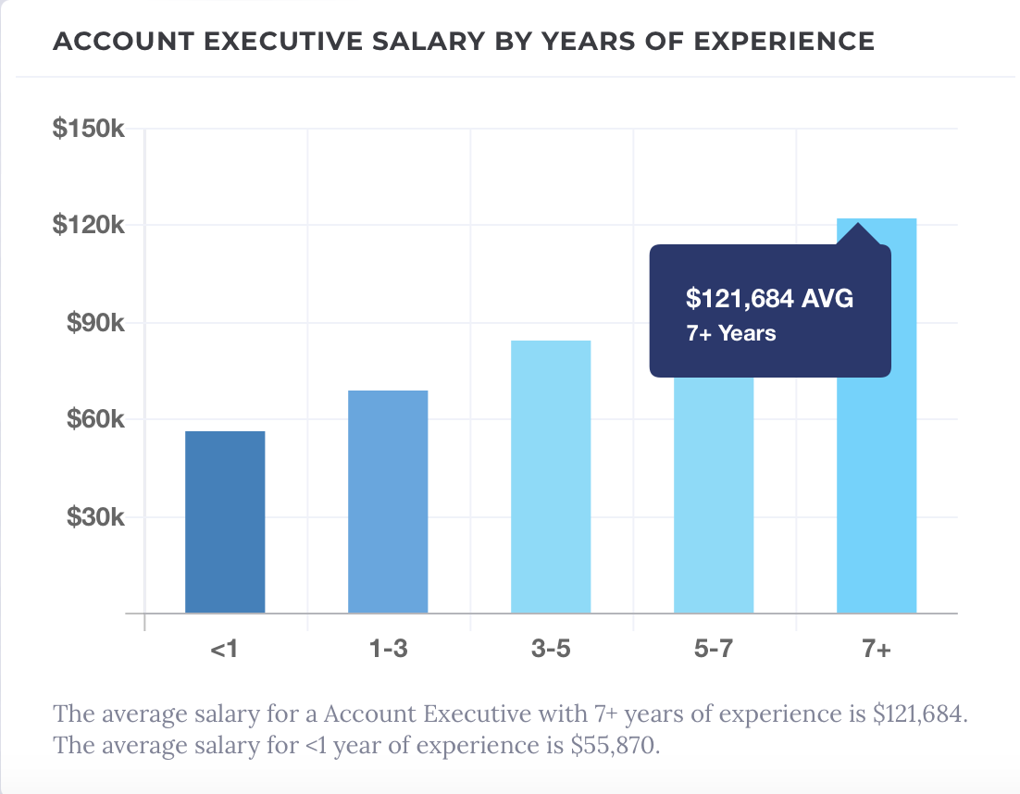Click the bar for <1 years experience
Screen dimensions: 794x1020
pos(225,522)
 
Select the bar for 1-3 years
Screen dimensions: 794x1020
pos(388,502)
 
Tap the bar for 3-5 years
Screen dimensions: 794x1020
pos(551,477)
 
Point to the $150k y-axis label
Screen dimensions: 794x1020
pos(88,130)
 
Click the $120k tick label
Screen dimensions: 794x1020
pos(88,226)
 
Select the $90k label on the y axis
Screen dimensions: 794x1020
pos(94,323)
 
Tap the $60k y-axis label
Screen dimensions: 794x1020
pos(94,420)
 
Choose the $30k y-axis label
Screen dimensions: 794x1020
pos(94,516)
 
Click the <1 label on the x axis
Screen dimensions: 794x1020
pos(225,650)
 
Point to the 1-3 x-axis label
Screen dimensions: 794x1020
pos(388,650)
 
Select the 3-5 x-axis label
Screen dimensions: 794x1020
pos(551,650)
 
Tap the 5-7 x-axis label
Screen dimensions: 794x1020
pos(714,650)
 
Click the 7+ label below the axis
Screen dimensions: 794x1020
pos(877,650)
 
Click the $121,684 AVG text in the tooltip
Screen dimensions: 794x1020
pos(769,298)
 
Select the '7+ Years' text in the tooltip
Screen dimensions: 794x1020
pos(731,333)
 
